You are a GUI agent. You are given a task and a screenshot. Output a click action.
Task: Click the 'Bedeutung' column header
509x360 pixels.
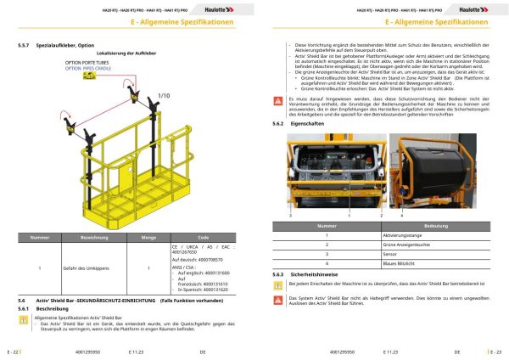click(x=436, y=227)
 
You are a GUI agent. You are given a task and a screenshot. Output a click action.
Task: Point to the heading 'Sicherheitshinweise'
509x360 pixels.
click(x=318, y=275)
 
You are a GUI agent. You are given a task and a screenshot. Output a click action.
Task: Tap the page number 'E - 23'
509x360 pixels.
click(x=495, y=350)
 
